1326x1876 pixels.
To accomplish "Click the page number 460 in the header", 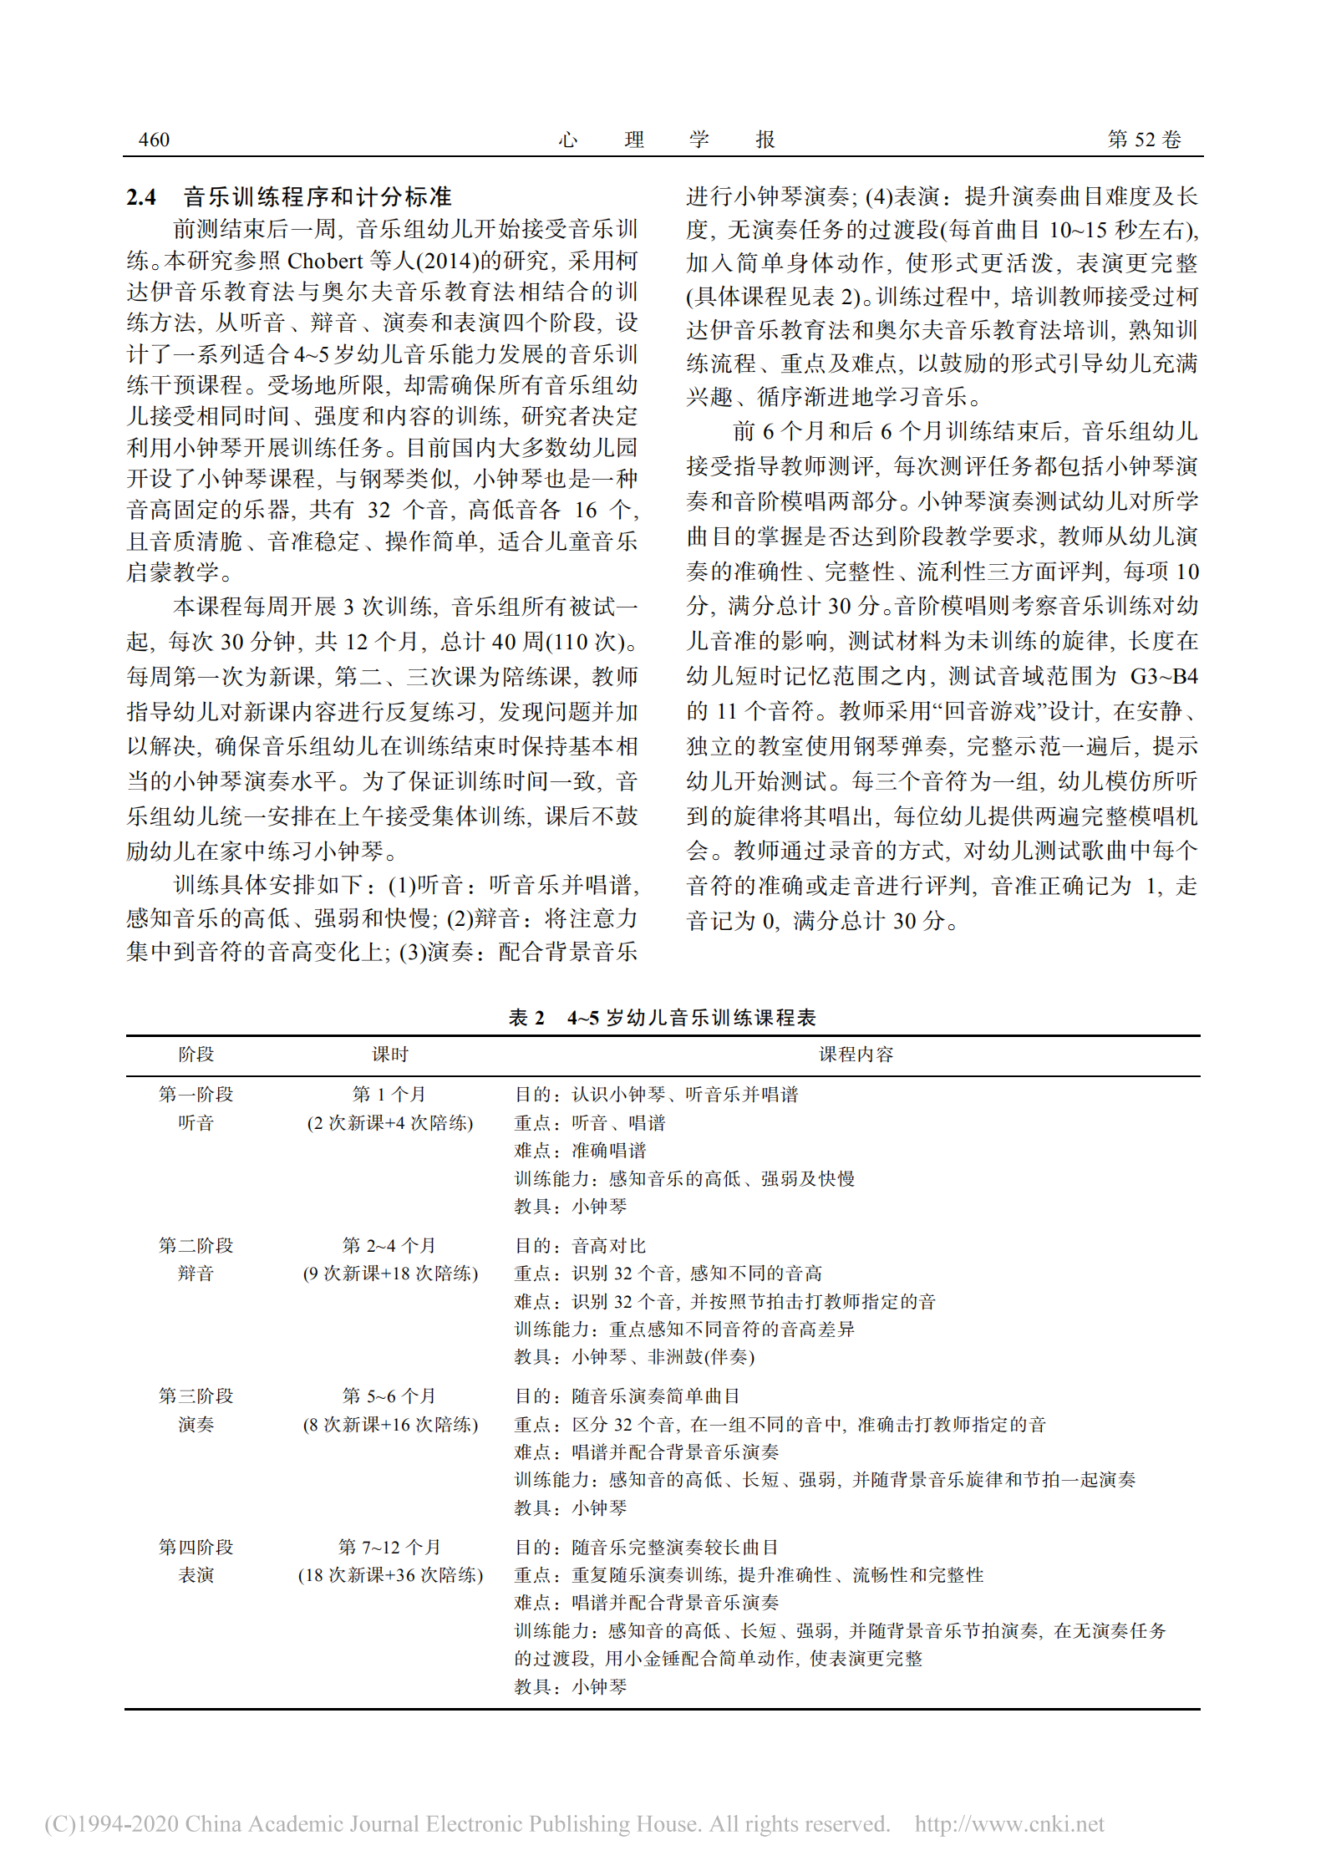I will click(x=154, y=140).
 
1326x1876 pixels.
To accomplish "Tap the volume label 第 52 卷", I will click(x=1144, y=140).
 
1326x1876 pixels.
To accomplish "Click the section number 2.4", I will click(x=141, y=197).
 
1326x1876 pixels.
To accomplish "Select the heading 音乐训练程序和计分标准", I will click(x=318, y=197).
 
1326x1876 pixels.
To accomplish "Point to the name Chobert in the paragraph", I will click(x=325, y=261).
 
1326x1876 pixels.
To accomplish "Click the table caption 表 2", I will click(x=526, y=1018).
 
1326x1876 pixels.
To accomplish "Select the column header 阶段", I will click(x=196, y=1055).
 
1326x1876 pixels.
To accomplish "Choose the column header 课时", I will click(x=390, y=1055).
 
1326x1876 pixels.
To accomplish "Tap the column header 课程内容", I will click(x=856, y=1055).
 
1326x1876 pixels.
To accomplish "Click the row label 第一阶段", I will click(x=196, y=1094).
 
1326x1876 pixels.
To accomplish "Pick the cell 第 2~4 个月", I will click(x=390, y=1245).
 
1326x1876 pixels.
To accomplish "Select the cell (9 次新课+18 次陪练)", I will click(x=390, y=1274).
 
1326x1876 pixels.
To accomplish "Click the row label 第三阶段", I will click(x=196, y=1396).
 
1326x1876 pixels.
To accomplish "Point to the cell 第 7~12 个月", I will click(x=390, y=1547).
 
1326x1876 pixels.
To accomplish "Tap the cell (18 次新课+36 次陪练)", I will click(x=390, y=1575).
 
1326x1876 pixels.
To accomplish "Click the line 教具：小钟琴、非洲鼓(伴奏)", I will click(x=634, y=1357).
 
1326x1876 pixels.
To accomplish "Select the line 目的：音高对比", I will click(x=580, y=1245).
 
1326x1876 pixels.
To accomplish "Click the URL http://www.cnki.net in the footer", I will click(x=1009, y=1823).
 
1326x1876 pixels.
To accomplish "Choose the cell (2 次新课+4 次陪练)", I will click(x=390, y=1122).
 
